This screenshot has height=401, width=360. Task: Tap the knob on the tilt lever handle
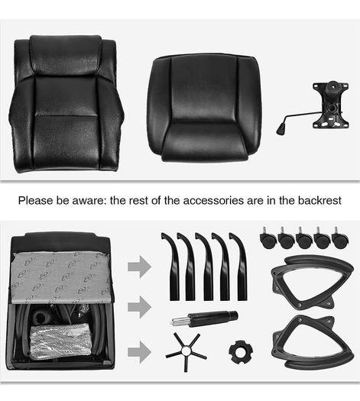281,128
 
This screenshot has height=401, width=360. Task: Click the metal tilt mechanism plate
331,105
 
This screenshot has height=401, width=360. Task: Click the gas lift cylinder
205,319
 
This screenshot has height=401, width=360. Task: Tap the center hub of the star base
186,351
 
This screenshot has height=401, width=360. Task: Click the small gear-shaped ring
241,352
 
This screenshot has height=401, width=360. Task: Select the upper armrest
312,281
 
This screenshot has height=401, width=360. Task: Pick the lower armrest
312,343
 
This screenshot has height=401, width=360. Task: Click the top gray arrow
139,267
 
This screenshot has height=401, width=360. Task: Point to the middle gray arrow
139,307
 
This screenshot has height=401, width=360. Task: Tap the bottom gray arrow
139,352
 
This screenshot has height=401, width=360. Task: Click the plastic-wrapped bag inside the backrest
60,339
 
